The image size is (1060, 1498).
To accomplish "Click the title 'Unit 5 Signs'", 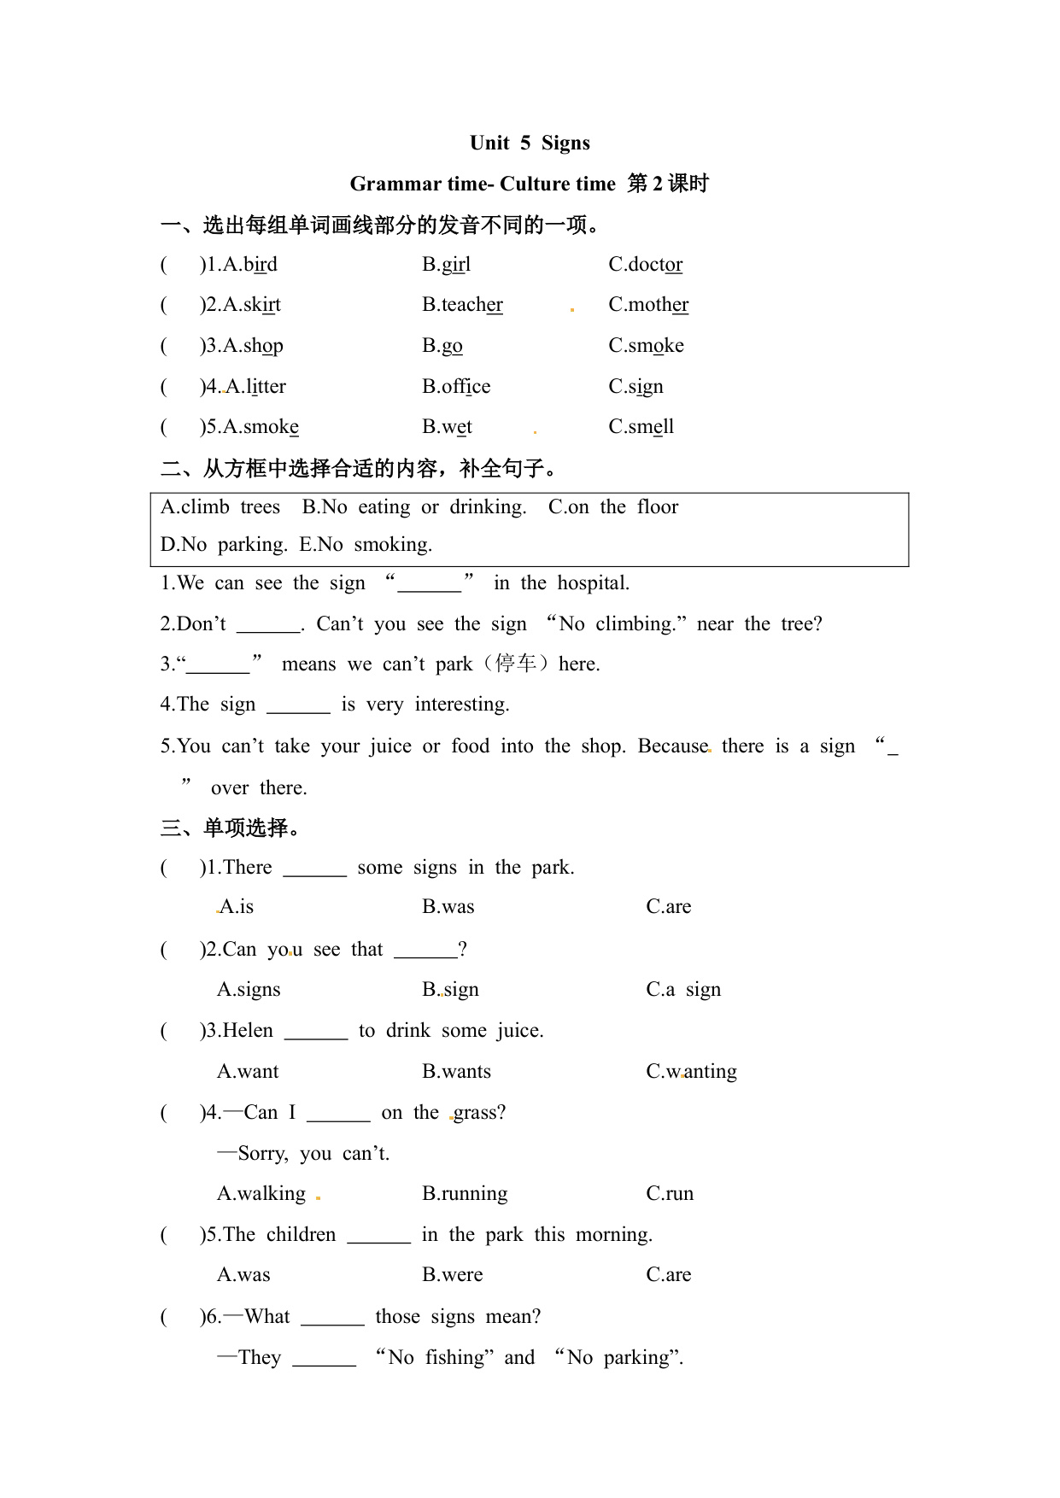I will (530, 143).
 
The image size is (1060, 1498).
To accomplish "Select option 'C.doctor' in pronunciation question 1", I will (645, 265).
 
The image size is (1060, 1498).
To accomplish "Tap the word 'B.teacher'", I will (462, 305).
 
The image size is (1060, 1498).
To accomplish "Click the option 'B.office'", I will (456, 387).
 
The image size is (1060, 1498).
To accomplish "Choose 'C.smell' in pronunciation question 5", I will (641, 427).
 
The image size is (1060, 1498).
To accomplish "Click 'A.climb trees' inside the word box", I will (220, 507).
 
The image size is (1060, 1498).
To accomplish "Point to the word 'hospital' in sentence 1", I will (593, 583).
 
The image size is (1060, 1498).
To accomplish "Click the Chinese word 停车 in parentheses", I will (515, 664).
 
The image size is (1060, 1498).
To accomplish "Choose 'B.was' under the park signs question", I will (448, 907).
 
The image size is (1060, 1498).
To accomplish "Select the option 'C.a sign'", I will (683, 990).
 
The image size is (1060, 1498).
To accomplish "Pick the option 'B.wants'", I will (456, 1072).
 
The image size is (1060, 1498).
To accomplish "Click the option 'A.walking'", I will (261, 1194).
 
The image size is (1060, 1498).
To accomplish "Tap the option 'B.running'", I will (465, 1194).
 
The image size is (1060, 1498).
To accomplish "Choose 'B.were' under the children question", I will (452, 1275).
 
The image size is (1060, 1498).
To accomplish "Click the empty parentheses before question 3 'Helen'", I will (180, 1031).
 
